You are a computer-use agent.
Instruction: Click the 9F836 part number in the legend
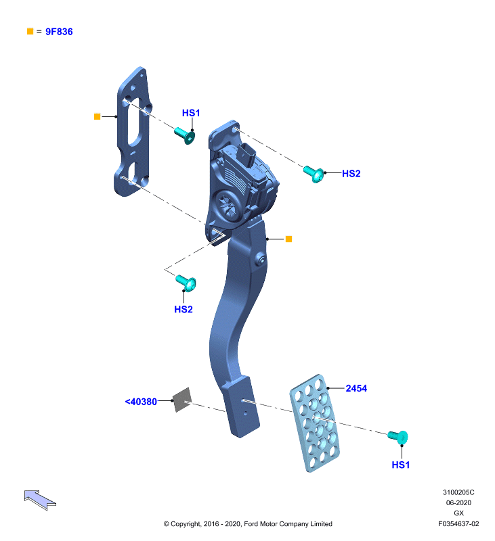pos(59,32)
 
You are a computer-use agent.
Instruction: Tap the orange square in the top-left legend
pos(30,31)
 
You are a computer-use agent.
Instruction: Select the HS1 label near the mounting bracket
pos(191,113)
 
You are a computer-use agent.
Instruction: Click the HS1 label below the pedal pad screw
pos(401,465)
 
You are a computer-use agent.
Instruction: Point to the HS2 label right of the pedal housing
pos(351,174)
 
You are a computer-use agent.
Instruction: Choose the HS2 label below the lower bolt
pos(184,309)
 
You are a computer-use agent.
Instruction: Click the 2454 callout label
pos(356,388)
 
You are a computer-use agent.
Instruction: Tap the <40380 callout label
pos(141,402)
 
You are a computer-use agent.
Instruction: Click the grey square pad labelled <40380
pos(182,400)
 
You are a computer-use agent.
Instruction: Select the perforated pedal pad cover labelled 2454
pos(315,423)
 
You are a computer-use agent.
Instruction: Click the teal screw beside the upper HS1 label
pos(185,135)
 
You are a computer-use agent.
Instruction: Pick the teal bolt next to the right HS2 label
pos(314,174)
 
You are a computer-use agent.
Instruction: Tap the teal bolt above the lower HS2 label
pos(186,283)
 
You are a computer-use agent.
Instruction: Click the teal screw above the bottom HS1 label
pos(398,437)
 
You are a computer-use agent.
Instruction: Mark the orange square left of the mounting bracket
pos(97,116)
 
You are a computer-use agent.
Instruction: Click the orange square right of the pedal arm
pos(288,239)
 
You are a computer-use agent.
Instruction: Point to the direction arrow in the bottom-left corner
pos(39,500)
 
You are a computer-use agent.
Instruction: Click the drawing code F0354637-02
pos(458,523)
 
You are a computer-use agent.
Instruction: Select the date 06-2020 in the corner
pos(458,502)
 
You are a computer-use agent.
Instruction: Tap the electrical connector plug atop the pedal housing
pos(246,154)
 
